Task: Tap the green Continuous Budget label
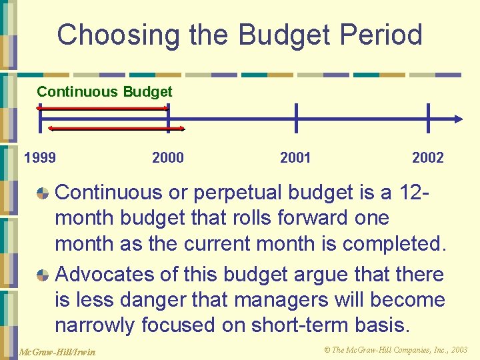click(x=104, y=92)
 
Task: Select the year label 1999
click(x=40, y=158)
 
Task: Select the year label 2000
click(x=168, y=158)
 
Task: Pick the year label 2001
click(x=295, y=158)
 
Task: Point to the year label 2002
click(x=427, y=158)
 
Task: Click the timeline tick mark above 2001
click(x=296, y=118)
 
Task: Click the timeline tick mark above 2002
click(x=428, y=118)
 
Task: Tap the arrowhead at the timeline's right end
click(x=457, y=119)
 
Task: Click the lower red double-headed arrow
click(x=117, y=128)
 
